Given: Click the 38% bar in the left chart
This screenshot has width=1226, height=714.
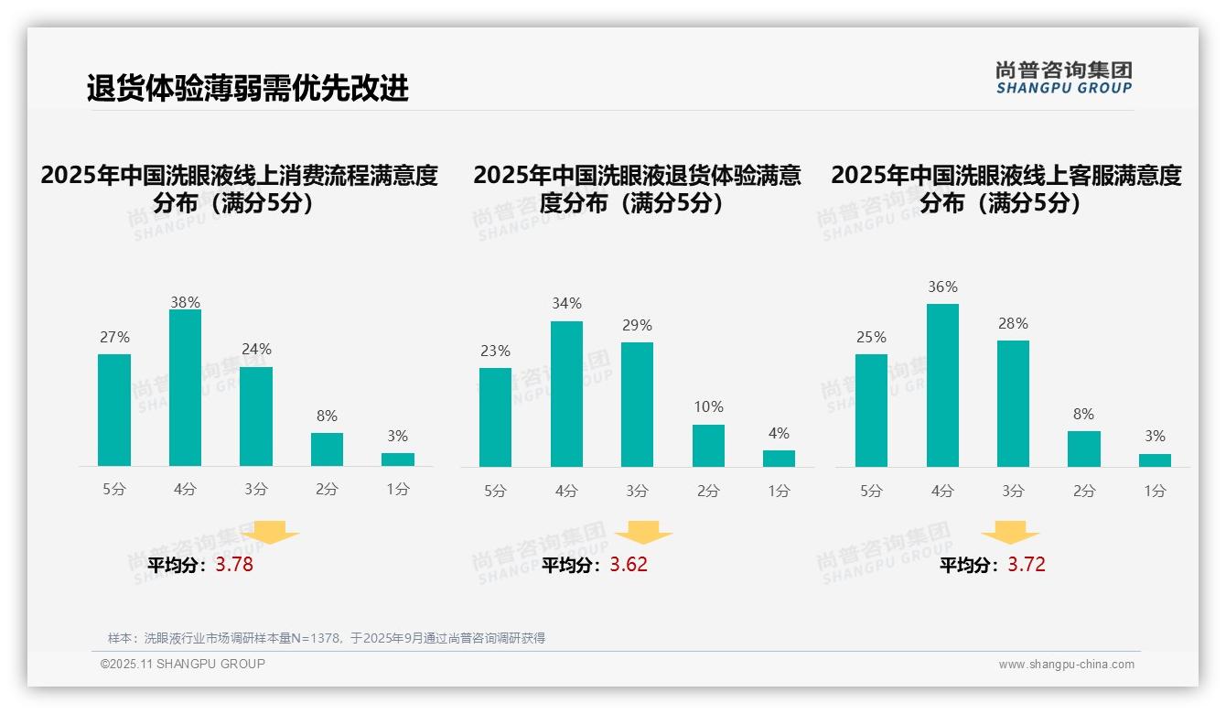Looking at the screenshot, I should [185, 388].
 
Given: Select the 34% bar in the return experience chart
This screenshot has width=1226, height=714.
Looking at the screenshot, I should [566, 394].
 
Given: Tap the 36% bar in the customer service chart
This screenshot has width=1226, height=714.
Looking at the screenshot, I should [942, 385].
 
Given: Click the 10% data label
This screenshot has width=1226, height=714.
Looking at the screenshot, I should [708, 406].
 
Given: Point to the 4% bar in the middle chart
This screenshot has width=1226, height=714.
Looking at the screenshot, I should [779, 459].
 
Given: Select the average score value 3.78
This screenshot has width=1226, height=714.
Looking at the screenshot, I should [234, 565].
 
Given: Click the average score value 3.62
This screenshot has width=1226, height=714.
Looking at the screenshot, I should [629, 565].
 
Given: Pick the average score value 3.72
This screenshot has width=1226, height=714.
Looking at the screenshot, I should [1027, 565].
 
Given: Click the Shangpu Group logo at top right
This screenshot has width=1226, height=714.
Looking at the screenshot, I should [1064, 77].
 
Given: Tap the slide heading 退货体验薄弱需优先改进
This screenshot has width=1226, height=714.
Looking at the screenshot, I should [247, 88].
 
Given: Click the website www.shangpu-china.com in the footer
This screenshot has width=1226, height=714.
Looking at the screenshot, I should [1066, 665].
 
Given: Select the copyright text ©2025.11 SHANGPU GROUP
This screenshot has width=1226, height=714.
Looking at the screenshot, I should [183, 664].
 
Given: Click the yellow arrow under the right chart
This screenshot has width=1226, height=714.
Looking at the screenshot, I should [1010, 533].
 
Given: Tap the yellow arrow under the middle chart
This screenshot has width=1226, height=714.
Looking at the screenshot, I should [643, 533].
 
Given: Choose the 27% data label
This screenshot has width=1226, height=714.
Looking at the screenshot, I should [114, 337].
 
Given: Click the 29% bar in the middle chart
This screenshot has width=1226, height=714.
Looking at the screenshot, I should [637, 405].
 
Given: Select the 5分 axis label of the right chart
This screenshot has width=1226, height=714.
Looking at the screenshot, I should [871, 491].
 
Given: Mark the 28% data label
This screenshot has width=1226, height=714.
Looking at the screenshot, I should [1013, 323].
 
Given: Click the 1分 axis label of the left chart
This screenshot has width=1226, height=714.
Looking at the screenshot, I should [398, 489].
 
